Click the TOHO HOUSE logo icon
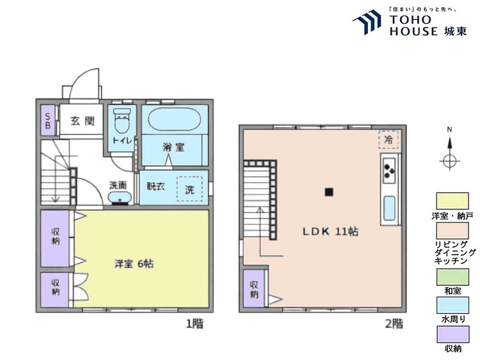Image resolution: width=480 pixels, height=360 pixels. (367, 22)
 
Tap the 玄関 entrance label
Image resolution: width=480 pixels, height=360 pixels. (83, 121)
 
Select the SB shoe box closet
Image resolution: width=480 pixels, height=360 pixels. (47, 120)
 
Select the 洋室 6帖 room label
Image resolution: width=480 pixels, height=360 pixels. (133, 263)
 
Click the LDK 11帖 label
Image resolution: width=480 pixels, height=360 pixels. (330, 231)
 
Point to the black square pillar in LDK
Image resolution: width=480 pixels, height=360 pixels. (329, 191)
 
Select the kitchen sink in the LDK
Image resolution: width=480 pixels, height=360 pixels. (388, 207)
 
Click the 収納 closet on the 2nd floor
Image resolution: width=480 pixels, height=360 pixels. (254, 289)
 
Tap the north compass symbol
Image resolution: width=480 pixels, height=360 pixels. (450, 159)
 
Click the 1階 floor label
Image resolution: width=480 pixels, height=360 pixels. (195, 324)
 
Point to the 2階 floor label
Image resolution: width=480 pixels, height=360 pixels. (394, 324)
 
